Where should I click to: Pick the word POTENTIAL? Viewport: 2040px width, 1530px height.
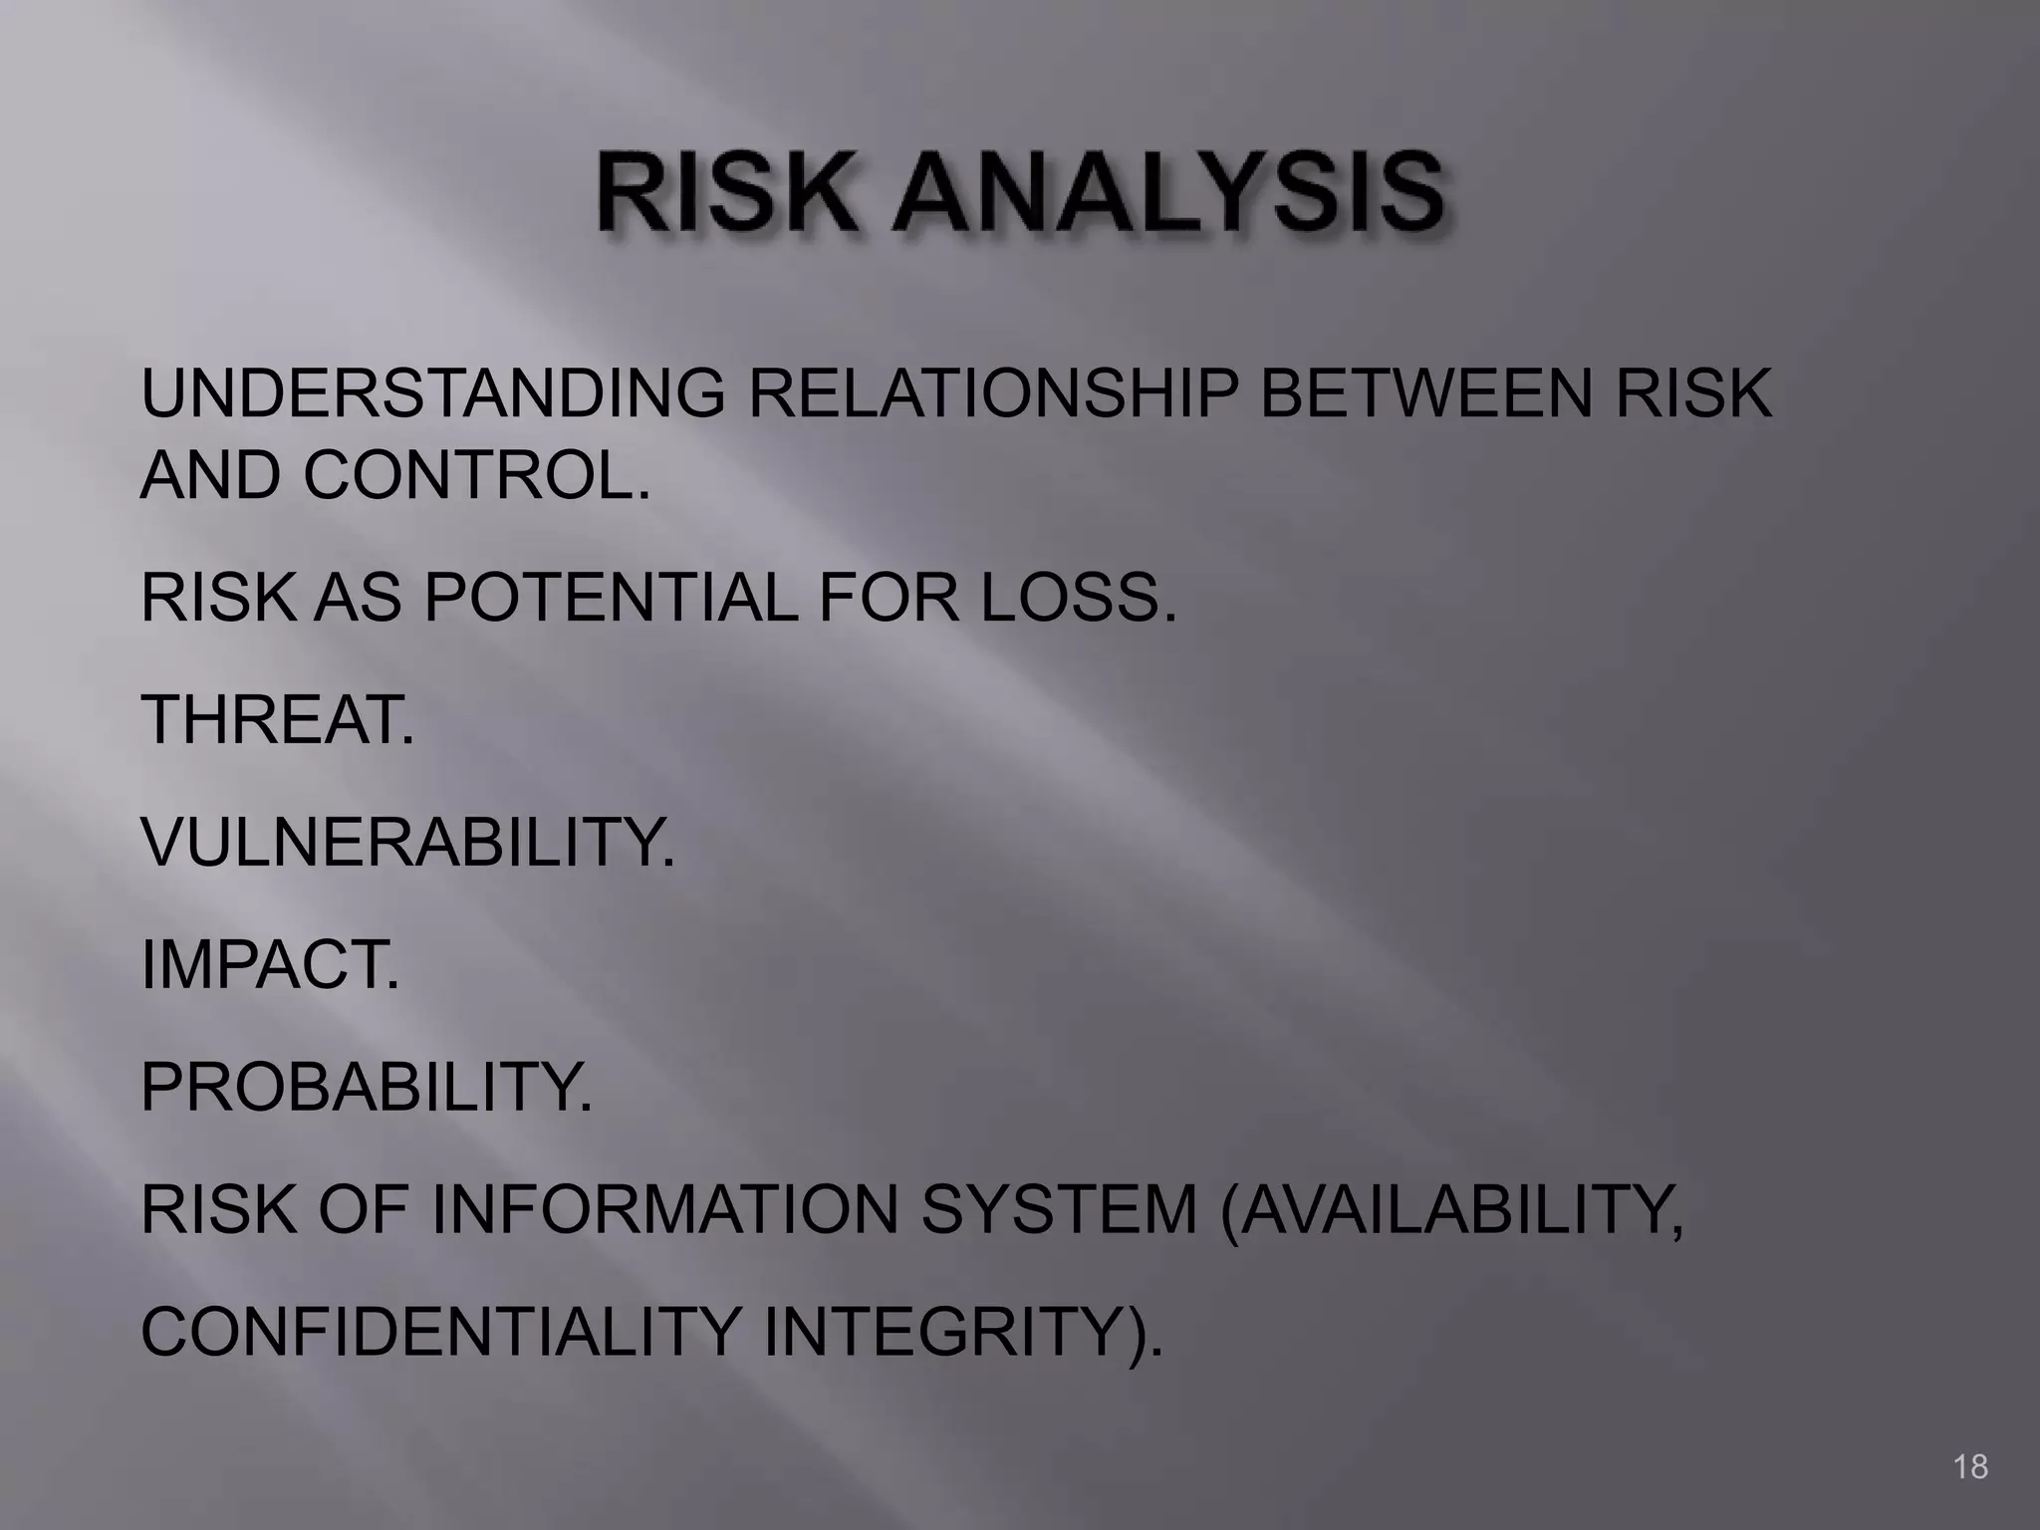pyautogui.click(x=611, y=598)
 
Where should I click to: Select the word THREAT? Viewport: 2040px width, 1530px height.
pyautogui.click(x=277, y=719)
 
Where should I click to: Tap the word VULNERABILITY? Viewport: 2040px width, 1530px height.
pyautogui.click(x=407, y=842)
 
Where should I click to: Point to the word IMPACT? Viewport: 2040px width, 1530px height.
pyautogui.click(x=270, y=964)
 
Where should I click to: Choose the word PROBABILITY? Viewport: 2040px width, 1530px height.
pyautogui.click(x=367, y=1087)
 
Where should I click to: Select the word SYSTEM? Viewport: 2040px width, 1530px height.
pyautogui.click(x=1058, y=1209)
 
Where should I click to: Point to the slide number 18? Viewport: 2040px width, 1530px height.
pyautogui.click(x=1970, y=1466)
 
